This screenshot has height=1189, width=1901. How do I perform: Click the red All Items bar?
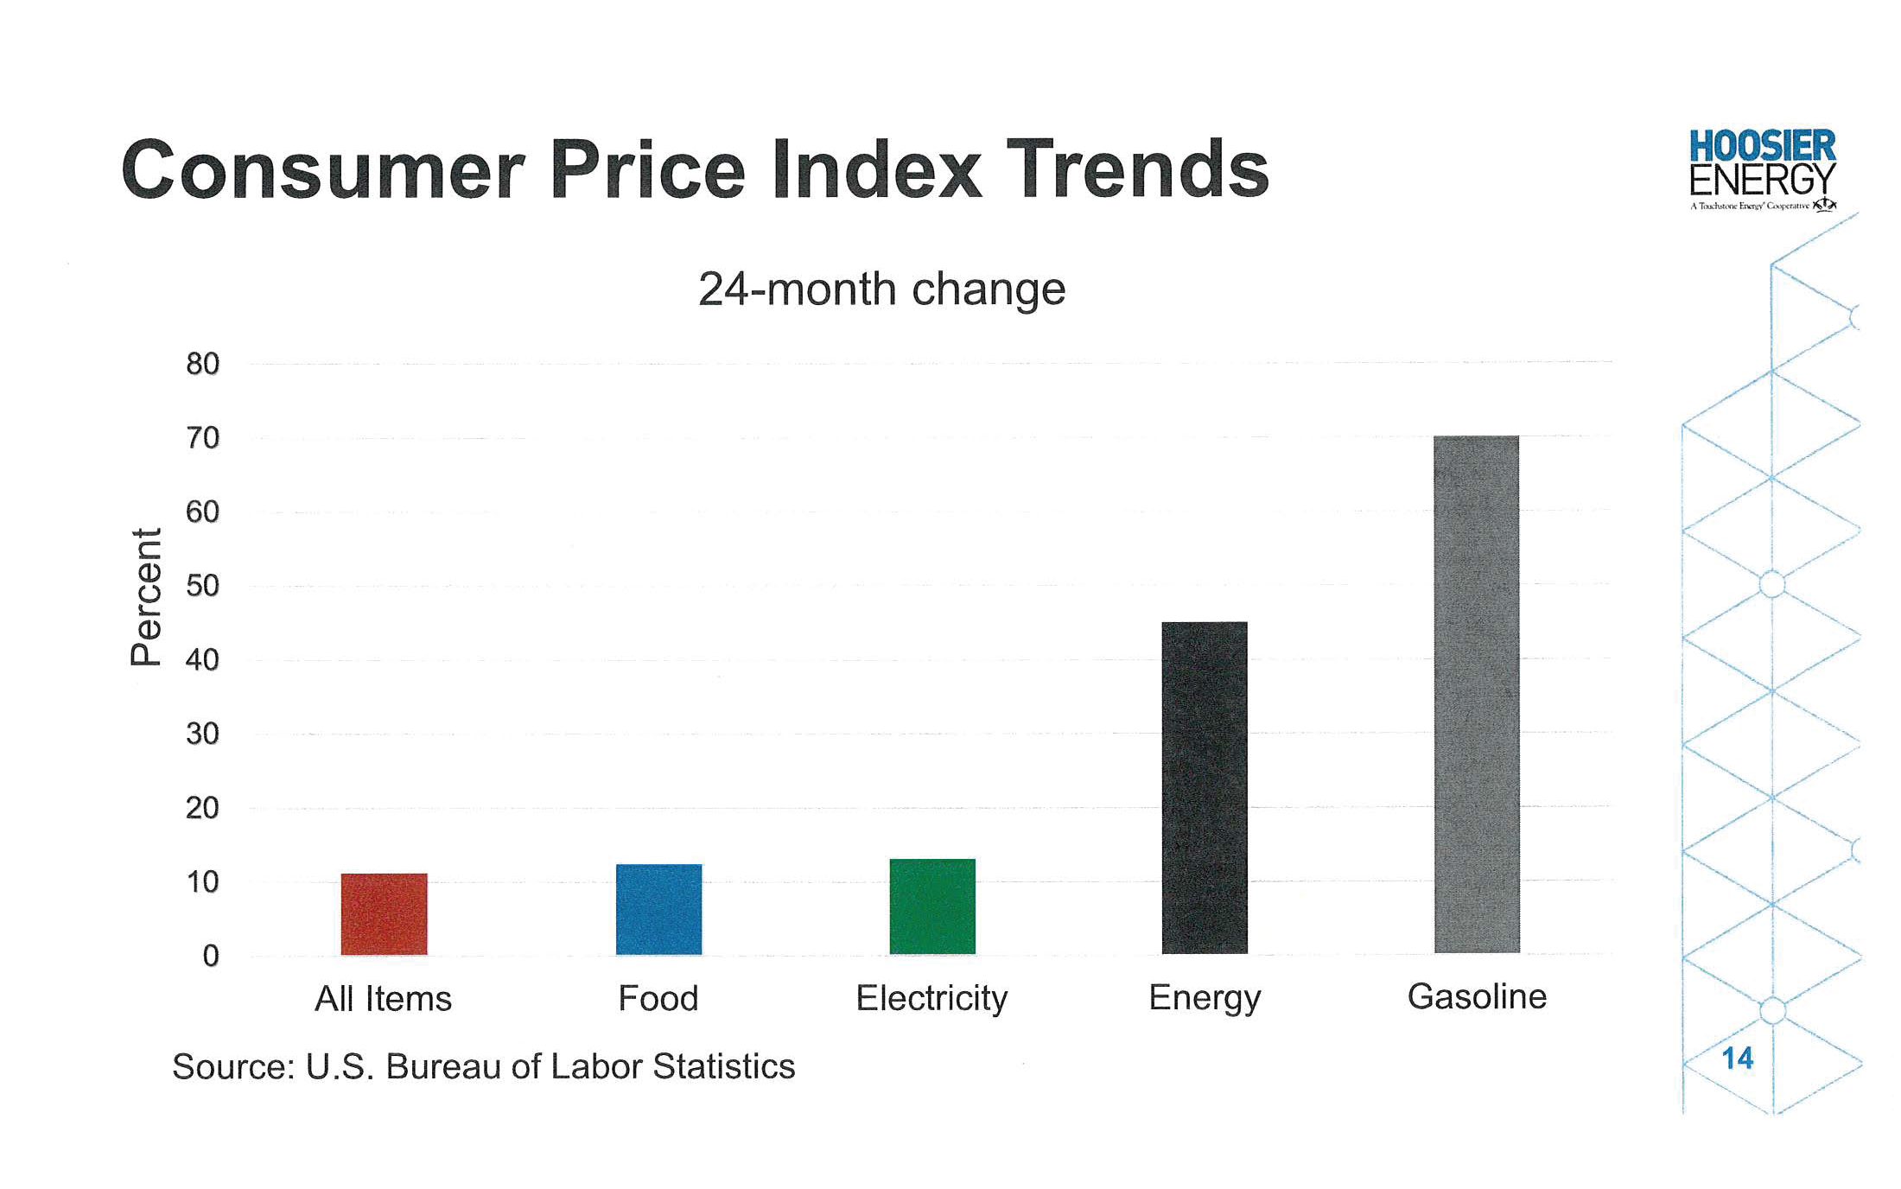[384, 913]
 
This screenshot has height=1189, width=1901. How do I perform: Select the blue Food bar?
[658, 909]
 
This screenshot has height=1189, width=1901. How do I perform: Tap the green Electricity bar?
[932, 906]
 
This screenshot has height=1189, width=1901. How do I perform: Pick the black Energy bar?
[1205, 787]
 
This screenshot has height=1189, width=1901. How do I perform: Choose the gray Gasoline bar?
[1476, 694]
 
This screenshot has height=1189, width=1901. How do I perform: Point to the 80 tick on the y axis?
[203, 364]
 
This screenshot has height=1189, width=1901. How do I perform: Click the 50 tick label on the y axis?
[203, 586]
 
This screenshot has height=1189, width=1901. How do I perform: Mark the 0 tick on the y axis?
[211, 956]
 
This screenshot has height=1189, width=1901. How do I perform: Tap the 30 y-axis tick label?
[203, 734]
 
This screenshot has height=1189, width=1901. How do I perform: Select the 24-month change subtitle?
[881, 289]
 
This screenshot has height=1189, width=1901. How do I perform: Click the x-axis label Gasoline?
[1477, 996]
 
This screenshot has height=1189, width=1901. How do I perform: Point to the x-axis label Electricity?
[931, 999]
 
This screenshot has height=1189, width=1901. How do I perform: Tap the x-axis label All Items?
[383, 999]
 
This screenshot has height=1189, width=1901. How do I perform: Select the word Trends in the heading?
[1137, 169]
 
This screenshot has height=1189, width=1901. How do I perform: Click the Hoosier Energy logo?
[1763, 169]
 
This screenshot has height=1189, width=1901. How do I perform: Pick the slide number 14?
[1737, 1059]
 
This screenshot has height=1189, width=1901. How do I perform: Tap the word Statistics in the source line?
[724, 1067]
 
